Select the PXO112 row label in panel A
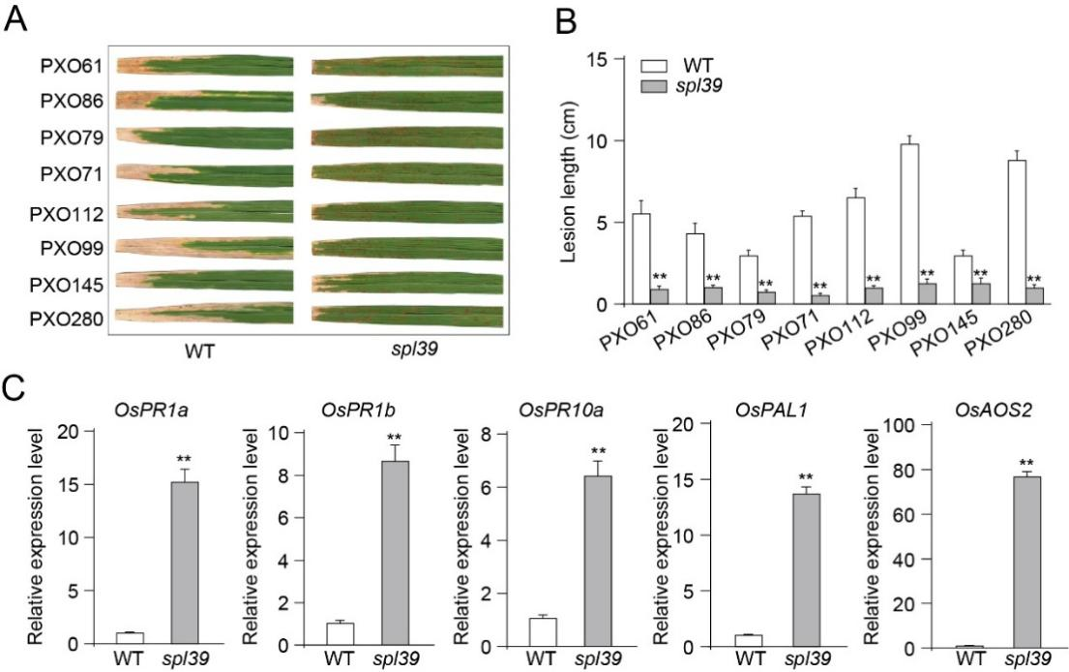coord(71,212)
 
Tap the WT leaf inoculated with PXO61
coord(205,66)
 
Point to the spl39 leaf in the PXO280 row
coord(407,315)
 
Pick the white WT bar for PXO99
coord(909,224)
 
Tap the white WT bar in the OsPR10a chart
coord(544,630)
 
